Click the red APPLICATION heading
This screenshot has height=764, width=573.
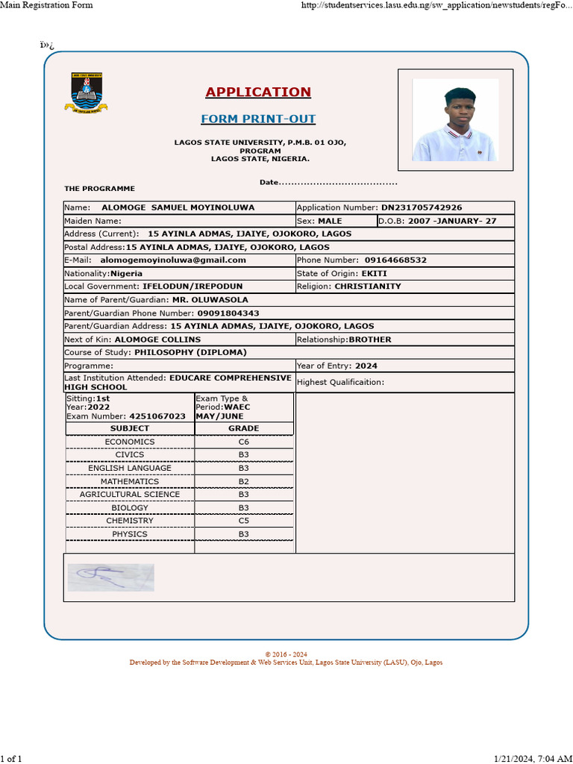[x=258, y=92]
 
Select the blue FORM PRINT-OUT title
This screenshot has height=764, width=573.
[x=258, y=119]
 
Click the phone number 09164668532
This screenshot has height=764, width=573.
[x=395, y=260]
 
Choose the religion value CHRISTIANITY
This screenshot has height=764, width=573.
[x=367, y=286]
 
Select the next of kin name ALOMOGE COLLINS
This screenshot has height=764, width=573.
[x=163, y=339]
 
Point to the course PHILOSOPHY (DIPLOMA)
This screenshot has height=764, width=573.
[x=190, y=352]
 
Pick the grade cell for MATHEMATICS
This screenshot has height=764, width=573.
[x=244, y=482]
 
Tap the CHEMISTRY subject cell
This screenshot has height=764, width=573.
[x=130, y=521]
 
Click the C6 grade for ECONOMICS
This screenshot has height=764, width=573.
[x=244, y=442]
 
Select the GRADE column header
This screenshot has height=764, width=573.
[x=244, y=428]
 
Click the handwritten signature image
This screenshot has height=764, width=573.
[x=110, y=577]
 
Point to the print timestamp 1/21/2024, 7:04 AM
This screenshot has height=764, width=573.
[x=533, y=759]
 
